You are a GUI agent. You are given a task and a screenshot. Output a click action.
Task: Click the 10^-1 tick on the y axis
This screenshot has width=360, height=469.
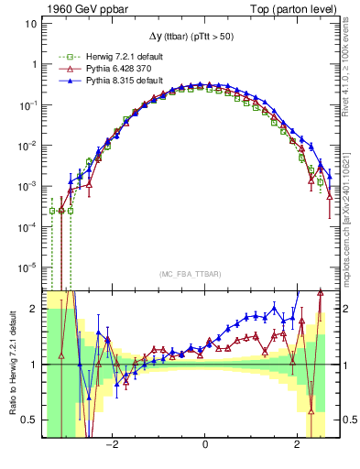(27, 105)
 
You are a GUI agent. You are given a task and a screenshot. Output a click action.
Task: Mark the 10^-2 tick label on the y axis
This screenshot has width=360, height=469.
(27, 146)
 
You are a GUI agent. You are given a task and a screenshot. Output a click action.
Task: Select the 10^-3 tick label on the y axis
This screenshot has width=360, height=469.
(27, 186)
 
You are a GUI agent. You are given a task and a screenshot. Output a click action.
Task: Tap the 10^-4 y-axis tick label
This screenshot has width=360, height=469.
(27, 227)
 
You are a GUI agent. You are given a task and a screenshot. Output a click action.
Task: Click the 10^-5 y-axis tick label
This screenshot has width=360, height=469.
(27, 267)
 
